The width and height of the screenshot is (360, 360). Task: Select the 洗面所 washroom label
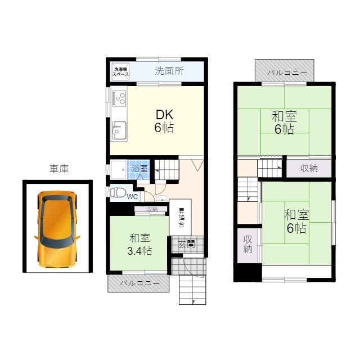(x=169, y=71)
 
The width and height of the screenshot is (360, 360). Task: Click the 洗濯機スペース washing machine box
(x=120, y=71)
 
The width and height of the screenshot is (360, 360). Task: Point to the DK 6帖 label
(x=164, y=120)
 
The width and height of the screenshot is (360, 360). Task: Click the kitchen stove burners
(x=119, y=99)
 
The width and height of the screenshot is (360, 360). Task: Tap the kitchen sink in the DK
(x=119, y=132)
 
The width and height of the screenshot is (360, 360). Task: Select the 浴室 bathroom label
(x=139, y=168)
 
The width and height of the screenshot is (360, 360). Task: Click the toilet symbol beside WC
(x=118, y=193)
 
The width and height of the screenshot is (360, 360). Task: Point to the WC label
(x=132, y=196)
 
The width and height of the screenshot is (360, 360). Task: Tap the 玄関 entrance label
(x=187, y=244)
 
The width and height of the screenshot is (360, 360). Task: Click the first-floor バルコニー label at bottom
(x=139, y=283)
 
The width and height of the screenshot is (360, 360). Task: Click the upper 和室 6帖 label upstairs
(x=284, y=123)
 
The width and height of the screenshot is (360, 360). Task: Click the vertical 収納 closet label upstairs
(x=247, y=245)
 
